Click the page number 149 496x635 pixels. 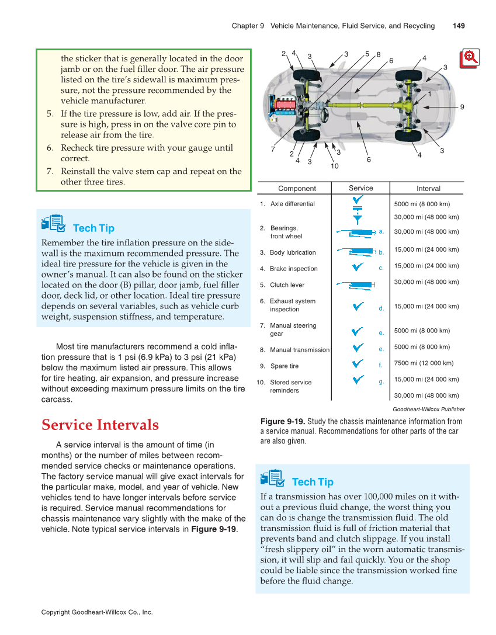pos(458,26)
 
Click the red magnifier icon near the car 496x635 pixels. pos(469,57)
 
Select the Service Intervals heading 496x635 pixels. pos(100,425)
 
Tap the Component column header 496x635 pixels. pos(297,188)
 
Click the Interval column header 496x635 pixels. pos(428,188)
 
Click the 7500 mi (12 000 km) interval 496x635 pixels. pos(424,363)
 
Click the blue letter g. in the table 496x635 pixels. pos(381,381)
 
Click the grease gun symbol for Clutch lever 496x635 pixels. pos(355,284)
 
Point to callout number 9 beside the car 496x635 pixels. pos(462,107)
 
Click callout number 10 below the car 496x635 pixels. pos(334,166)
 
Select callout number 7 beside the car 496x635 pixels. pos(273,148)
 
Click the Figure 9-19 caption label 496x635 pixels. pos(282,421)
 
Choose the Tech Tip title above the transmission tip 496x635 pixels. pos(313,482)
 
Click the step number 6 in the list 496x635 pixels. pos(50,148)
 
